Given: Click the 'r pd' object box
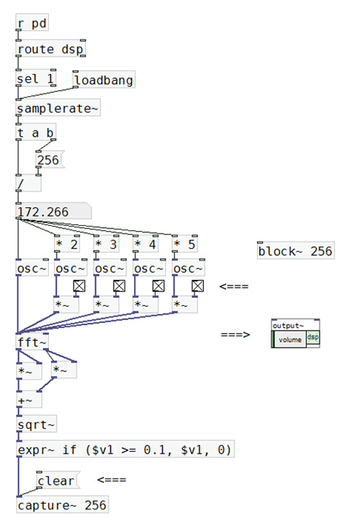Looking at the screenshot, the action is pyautogui.click(x=32, y=23).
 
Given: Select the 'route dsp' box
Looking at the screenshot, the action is pyautogui.click(x=50, y=49).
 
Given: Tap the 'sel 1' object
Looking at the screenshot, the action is pyautogui.click(x=36, y=78).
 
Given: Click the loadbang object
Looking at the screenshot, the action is pyautogui.click(x=104, y=80).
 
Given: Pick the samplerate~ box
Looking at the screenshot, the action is pyautogui.click(x=58, y=108).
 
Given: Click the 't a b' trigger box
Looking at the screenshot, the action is pyautogui.click(x=36, y=132).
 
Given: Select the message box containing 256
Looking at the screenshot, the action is pyautogui.click(x=50, y=160).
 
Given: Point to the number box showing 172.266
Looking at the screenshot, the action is pyautogui.click(x=53, y=212).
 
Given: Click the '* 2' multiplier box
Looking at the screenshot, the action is pyautogui.click(x=67, y=244).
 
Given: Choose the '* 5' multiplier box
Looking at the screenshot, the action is pyautogui.click(x=185, y=244).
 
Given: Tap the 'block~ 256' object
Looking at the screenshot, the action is pyautogui.click(x=296, y=251).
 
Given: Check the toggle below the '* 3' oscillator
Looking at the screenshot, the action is pyautogui.click(x=119, y=286).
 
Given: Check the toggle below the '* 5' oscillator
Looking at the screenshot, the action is pyautogui.click(x=197, y=286).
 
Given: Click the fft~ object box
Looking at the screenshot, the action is pyautogui.click(x=32, y=342).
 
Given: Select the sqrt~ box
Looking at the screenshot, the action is pyautogui.click(x=36, y=424).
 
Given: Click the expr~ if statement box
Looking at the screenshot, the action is pyautogui.click(x=125, y=450).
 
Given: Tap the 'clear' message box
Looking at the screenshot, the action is pyautogui.click(x=58, y=480).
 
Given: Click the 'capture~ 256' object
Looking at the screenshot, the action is pyautogui.click(x=63, y=505).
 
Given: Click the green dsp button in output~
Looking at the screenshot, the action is pyautogui.click(x=313, y=337).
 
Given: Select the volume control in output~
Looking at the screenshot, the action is pyautogui.click(x=290, y=340).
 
